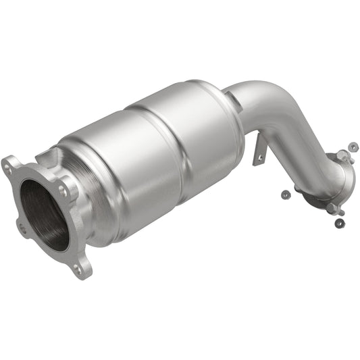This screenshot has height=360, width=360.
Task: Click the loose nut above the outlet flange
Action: tap(351, 145)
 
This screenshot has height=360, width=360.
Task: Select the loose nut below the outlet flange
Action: tap(339, 223)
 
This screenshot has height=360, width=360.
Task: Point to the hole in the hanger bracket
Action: tap(259, 159)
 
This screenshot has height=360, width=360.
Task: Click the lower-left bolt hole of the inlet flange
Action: tap(22, 228)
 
